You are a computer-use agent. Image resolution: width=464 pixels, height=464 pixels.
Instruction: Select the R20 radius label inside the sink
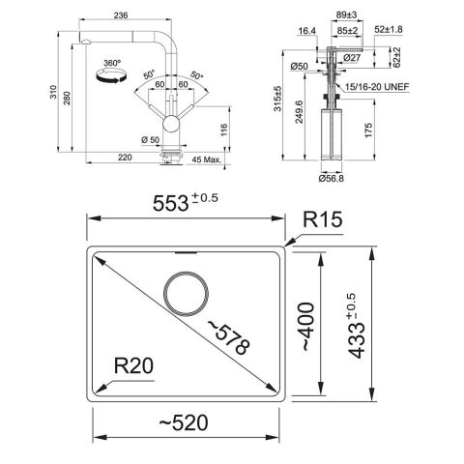[x=135, y=364]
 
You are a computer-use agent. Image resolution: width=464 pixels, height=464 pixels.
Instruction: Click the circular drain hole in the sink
[x=186, y=292]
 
